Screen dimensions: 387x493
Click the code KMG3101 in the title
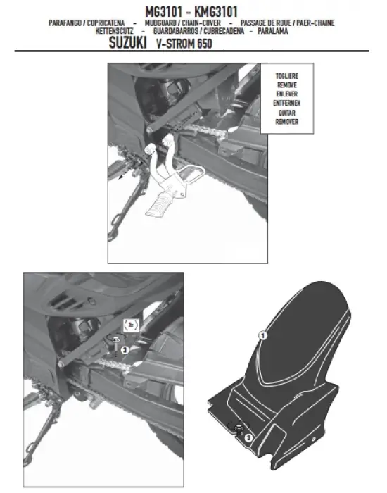pos(216,12)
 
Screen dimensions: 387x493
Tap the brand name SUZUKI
pos(127,42)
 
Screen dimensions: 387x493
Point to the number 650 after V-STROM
pos(205,44)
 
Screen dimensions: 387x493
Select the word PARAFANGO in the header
pos(65,23)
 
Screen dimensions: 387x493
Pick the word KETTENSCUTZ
pos(114,31)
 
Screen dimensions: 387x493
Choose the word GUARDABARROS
pos(176,31)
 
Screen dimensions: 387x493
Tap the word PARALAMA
pos(273,31)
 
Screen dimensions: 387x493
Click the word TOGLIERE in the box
pos(287,76)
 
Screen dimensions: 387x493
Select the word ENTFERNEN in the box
pos(287,103)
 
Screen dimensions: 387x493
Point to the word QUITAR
pos(287,113)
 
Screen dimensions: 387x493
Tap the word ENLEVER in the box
pos(287,94)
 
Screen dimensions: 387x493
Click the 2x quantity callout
pos(131,325)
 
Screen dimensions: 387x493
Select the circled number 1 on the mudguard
pos(262,335)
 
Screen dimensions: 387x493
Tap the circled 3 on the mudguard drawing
pos(248,437)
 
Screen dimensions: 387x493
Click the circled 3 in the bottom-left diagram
pos(125,349)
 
